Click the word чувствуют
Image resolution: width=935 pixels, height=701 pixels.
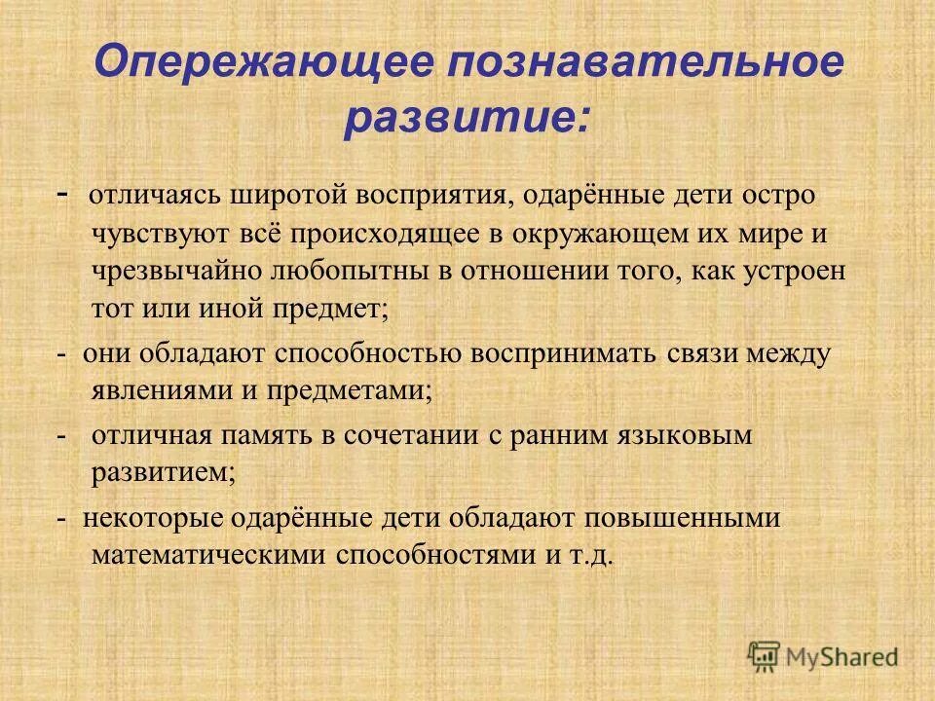[x=152, y=234]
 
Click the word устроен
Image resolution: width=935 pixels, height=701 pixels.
[x=796, y=272]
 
